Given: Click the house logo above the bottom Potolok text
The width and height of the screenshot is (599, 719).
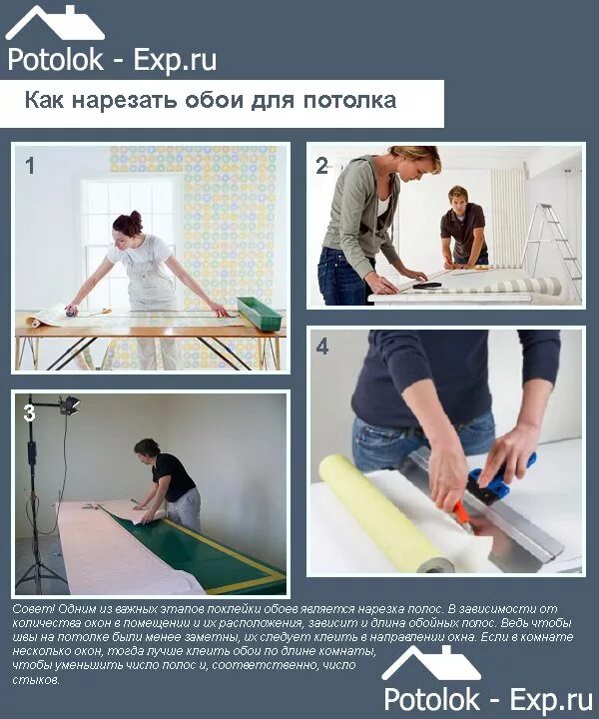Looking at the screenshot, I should point(430,662).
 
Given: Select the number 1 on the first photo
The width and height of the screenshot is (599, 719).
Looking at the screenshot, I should point(30,166).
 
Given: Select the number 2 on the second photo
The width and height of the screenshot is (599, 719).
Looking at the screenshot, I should point(321,167).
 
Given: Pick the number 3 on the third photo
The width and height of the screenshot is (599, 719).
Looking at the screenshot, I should point(29,411).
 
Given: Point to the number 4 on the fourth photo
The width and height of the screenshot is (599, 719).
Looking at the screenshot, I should point(321,348).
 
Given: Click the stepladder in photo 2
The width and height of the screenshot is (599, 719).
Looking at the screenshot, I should point(552,240).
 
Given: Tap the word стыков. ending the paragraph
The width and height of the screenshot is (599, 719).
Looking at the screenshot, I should point(37,680).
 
